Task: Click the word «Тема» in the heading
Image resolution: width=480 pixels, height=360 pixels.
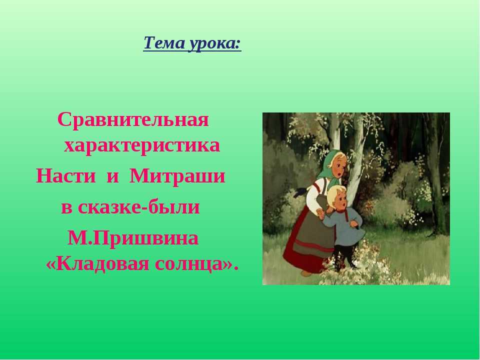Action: click(x=164, y=42)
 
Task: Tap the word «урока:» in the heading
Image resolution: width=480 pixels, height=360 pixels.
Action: click(x=215, y=43)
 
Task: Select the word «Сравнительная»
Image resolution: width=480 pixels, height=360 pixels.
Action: click(x=133, y=119)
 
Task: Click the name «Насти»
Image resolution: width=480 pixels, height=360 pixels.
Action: click(x=66, y=176)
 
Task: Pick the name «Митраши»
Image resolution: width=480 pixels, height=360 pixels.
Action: click(x=177, y=176)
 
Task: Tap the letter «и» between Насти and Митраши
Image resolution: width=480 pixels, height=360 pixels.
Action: click(x=112, y=177)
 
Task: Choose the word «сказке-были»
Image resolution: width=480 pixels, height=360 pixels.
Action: click(x=138, y=206)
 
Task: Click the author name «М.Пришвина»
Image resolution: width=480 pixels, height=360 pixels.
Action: click(x=133, y=237)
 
